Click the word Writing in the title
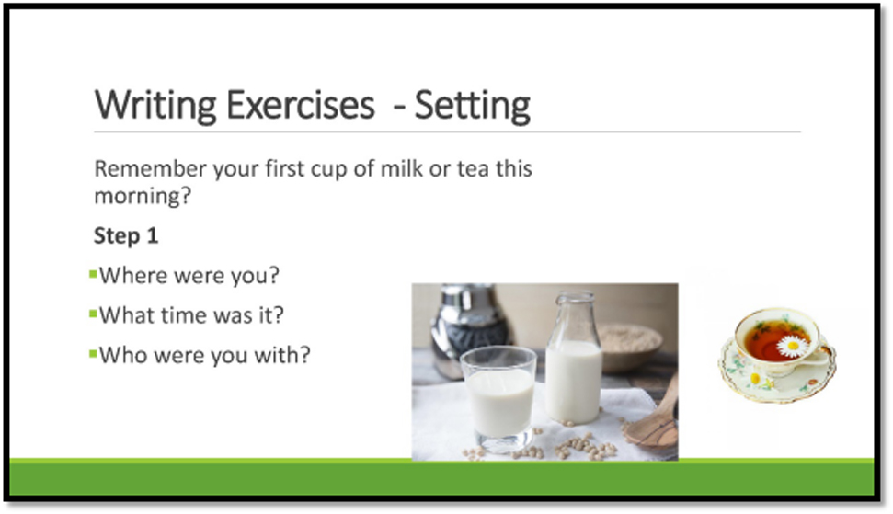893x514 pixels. tap(155, 106)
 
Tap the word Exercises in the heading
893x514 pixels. tap(300, 105)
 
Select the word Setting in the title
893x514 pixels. tap(472, 106)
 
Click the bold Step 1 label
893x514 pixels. tap(126, 236)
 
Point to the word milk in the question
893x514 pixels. tap(402, 168)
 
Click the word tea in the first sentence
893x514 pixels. tap(473, 169)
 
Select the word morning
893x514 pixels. tap(143, 197)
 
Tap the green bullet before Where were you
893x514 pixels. tap(94, 275)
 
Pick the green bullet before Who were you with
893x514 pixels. tap(94, 354)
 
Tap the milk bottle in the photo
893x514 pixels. tap(574, 359)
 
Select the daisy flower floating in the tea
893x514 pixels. tap(793, 346)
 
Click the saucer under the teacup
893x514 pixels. tap(777, 370)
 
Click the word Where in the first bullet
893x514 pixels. tap(133, 276)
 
